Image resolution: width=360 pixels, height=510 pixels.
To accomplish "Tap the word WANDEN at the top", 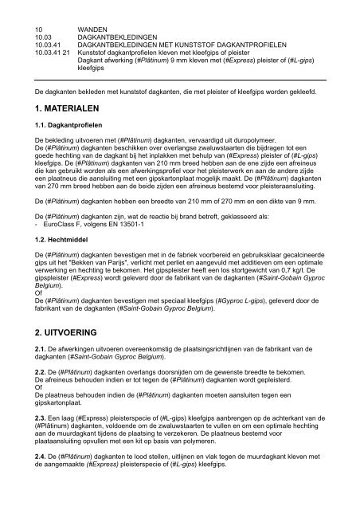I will [93, 29].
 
